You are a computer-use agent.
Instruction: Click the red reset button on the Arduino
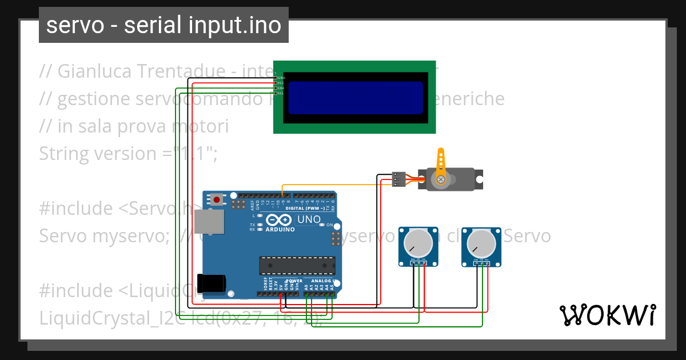pyautogui.click(x=217, y=199)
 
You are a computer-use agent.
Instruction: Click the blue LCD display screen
pyautogui.click(x=355, y=98)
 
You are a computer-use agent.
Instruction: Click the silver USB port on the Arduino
pyautogui.click(x=209, y=221)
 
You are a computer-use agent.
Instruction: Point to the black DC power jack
pyautogui.click(x=210, y=283)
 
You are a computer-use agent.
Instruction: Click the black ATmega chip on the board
pyautogui.click(x=297, y=266)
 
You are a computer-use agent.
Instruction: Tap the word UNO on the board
pyautogui.click(x=309, y=219)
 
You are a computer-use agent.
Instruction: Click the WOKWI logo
pyautogui.click(x=607, y=315)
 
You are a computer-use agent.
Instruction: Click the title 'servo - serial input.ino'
pyautogui.click(x=163, y=25)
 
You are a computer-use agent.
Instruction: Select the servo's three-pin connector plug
pyautogui.click(x=399, y=179)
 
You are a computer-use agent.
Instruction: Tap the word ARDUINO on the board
pyautogui.click(x=280, y=230)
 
